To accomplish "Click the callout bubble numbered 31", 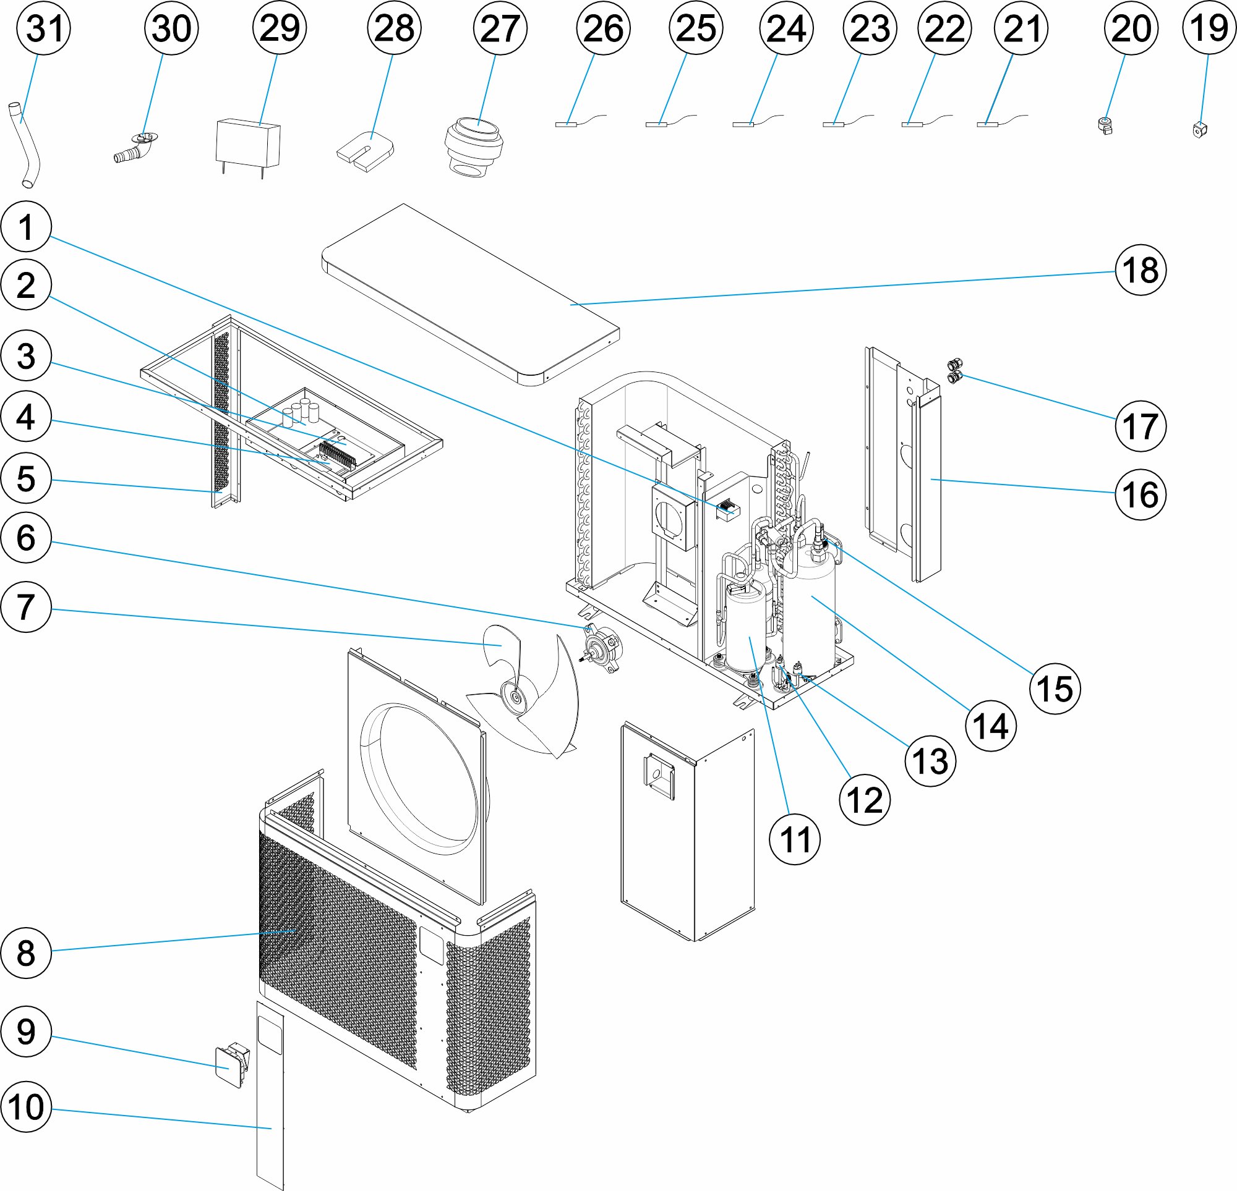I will point(43,28).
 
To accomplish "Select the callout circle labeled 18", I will point(1140,271).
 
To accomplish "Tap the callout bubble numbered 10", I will point(26,1107).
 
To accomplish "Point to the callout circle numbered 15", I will point(1055,689).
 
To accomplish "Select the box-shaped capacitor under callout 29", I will point(248,144).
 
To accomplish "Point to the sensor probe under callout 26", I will point(567,124).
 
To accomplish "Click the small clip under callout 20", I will point(1105,126).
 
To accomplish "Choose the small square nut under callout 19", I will point(1200,130).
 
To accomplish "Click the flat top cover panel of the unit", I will point(470,294).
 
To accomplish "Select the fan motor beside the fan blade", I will point(602,647).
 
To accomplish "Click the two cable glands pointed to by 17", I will point(956,371).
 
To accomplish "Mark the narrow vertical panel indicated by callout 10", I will point(270,1098).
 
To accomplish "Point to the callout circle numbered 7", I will point(26,607).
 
